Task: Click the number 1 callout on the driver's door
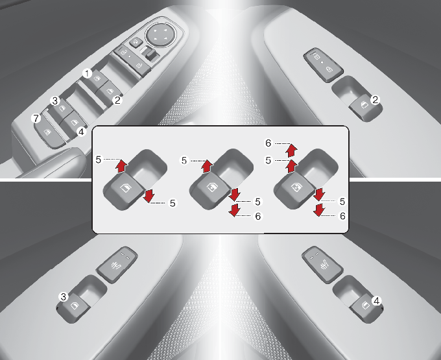click(x=88, y=74)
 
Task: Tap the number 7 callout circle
click(x=36, y=119)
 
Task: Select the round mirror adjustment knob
click(x=161, y=34)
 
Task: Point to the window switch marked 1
click(x=97, y=78)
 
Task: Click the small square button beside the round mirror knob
click(x=136, y=43)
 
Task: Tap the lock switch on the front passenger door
click(x=324, y=65)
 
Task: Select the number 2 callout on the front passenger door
click(x=375, y=100)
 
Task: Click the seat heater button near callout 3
click(x=117, y=265)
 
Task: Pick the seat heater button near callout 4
click(x=322, y=265)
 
